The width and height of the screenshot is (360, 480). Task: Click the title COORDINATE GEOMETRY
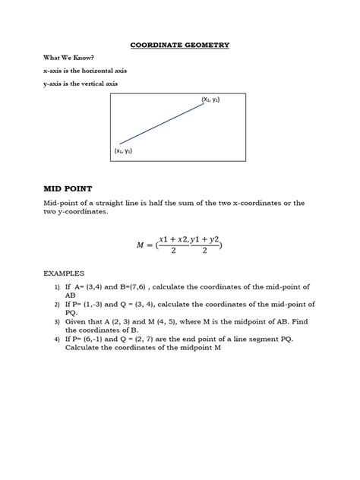click(x=179, y=45)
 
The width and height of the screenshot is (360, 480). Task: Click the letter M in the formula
click(x=141, y=245)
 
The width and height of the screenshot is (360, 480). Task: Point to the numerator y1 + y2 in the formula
click(x=205, y=239)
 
